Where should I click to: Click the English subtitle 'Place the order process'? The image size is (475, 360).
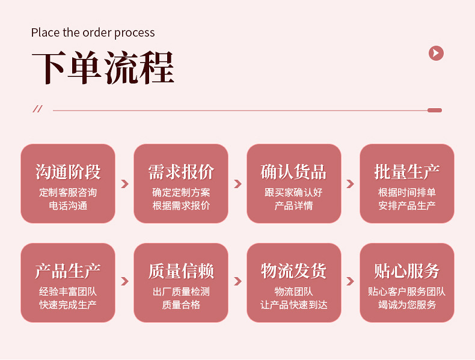(x=93, y=32)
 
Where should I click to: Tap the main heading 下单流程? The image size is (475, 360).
(x=103, y=67)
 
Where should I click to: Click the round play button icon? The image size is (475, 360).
(x=436, y=53)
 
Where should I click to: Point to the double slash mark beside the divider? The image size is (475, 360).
(x=37, y=109)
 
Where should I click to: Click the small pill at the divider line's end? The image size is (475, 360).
(x=434, y=110)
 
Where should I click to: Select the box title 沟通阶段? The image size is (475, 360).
(x=68, y=172)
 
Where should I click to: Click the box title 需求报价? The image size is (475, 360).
(x=181, y=172)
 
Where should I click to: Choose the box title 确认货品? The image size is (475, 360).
(x=294, y=172)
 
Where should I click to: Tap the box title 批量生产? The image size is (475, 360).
(x=407, y=172)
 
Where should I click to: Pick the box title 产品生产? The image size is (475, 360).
(x=68, y=271)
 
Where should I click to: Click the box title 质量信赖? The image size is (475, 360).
(x=181, y=271)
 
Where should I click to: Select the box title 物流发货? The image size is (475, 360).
(x=294, y=271)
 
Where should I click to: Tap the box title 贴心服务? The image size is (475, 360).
(x=407, y=271)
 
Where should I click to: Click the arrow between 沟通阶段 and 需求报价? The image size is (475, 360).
(x=124, y=184)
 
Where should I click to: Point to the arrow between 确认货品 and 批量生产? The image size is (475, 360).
(x=351, y=184)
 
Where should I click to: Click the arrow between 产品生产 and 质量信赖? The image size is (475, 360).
(x=124, y=281)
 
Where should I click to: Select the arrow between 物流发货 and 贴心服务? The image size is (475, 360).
(x=351, y=281)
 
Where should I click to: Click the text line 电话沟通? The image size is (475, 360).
(x=68, y=206)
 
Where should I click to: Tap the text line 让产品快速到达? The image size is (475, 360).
(x=294, y=305)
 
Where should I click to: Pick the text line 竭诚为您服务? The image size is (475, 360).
(x=407, y=305)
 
